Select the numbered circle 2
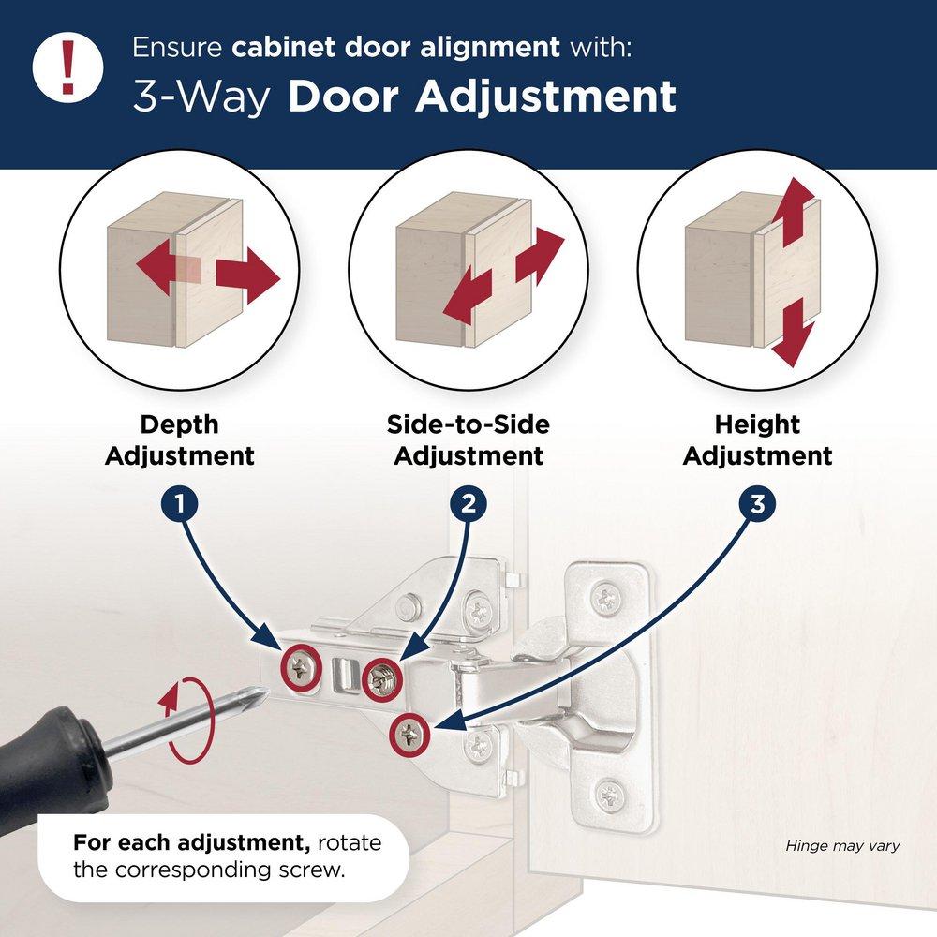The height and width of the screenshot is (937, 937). (x=468, y=504)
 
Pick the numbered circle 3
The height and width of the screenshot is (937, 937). (x=757, y=504)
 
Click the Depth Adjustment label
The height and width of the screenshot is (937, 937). (x=179, y=440)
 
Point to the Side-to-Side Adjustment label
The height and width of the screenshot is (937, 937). (x=468, y=440)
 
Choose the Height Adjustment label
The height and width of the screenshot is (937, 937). (x=757, y=440)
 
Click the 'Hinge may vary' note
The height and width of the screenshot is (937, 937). (x=842, y=846)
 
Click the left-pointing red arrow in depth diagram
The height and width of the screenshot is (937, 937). (x=156, y=265)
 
